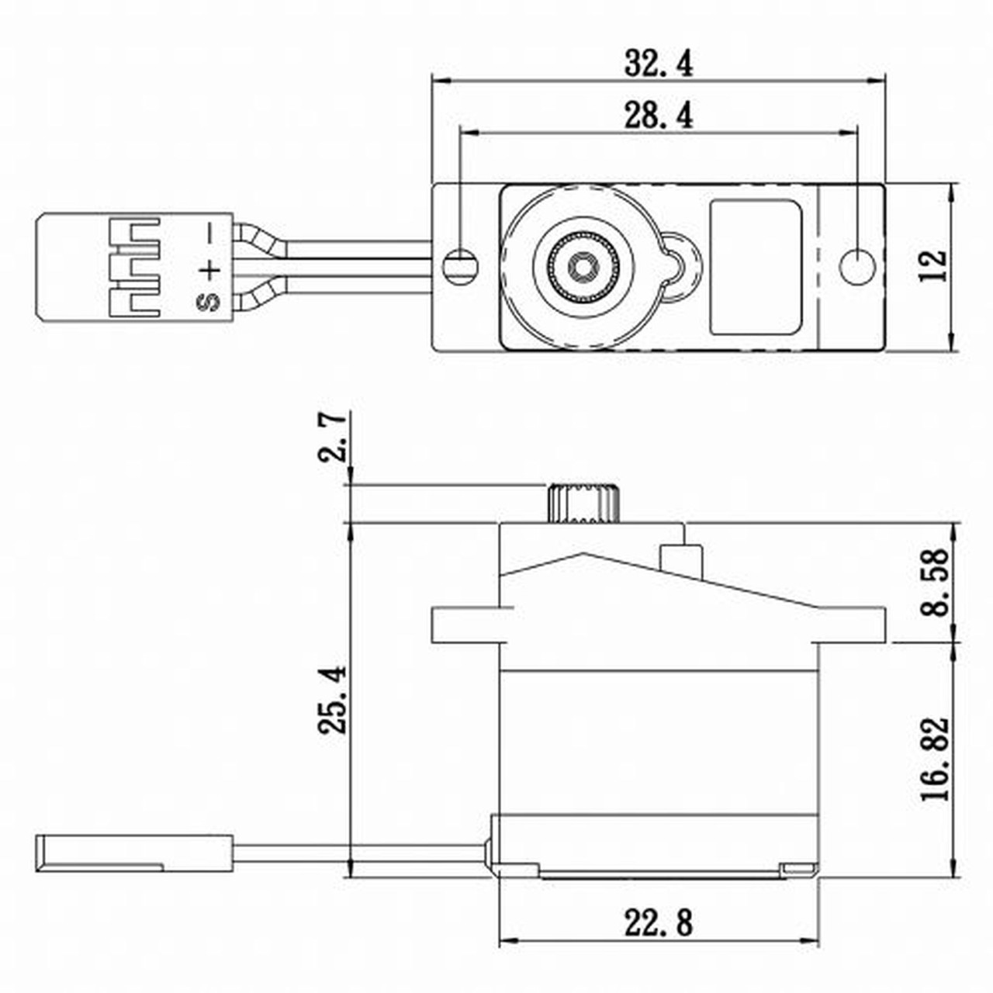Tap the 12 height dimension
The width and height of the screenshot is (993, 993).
tap(934, 266)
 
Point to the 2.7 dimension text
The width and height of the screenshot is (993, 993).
tap(333, 438)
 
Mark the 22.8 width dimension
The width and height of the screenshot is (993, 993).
tap(658, 923)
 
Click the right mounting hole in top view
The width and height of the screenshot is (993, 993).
tap(857, 266)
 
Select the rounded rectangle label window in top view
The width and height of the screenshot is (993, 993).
tap(756, 268)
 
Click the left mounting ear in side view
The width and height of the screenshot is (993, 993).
tap(464, 625)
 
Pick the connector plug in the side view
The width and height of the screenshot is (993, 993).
tap(133, 853)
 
